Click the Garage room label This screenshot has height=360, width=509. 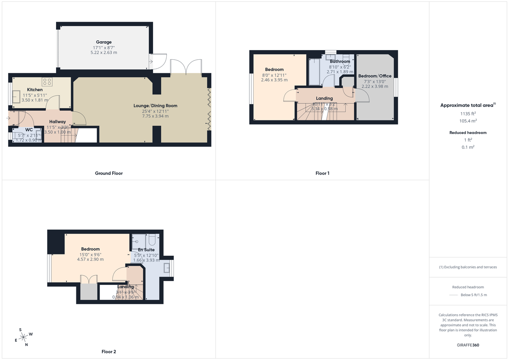pos(103,42)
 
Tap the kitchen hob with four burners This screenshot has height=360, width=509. pos(47,82)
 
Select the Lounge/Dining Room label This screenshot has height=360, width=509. pos(156,106)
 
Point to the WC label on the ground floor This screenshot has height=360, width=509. pos(29,129)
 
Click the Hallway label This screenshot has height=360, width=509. pos(57,122)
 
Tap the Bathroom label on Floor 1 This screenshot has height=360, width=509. pos(340,61)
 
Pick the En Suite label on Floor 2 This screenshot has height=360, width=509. pos(146,250)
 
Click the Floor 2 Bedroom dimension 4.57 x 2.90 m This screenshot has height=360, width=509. pos(90,260)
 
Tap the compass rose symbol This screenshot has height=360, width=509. pos(24,337)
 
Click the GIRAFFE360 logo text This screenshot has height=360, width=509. pos(469,345)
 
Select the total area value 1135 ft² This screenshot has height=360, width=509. pos(468,113)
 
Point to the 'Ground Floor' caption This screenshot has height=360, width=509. pos(109,173)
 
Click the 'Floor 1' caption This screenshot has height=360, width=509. pos(322,173)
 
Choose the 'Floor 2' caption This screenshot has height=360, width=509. pos(109,352)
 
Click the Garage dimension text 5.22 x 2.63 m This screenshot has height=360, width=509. pos(103,53)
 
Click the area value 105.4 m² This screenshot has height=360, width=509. pos(468,121)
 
